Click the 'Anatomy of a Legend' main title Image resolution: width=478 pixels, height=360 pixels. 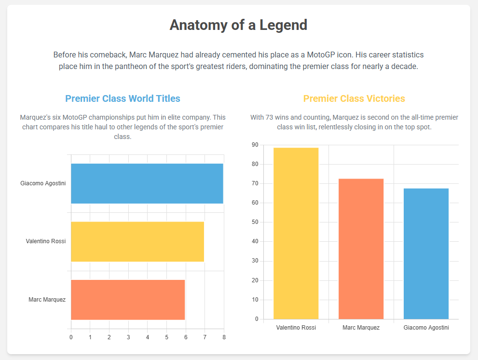coord(238,25)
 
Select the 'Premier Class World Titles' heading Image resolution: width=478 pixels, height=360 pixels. coord(123,98)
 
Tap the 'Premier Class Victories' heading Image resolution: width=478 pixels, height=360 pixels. coord(354,98)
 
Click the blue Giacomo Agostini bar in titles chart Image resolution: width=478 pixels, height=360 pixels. coord(147,183)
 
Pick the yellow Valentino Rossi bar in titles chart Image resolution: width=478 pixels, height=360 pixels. coord(137,241)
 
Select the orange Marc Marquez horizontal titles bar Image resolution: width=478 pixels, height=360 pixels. coord(128,300)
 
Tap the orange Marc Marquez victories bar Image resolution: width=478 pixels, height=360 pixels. coord(361,249)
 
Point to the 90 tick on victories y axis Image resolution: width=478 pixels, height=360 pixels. coord(255,145)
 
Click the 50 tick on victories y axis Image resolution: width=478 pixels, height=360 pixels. coord(255,222)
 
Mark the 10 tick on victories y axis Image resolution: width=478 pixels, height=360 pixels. coord(255,300)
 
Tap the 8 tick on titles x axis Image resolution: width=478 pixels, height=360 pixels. coord(224,337)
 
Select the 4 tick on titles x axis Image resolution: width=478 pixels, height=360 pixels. coord(147,337)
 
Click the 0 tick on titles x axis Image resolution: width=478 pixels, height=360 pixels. coord(71,337)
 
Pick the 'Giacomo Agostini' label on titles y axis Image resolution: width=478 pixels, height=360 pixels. coord(43,183)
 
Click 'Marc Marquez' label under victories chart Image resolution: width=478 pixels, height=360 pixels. coord(361,328)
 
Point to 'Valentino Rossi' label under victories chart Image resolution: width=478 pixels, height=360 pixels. coord(296,328)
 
